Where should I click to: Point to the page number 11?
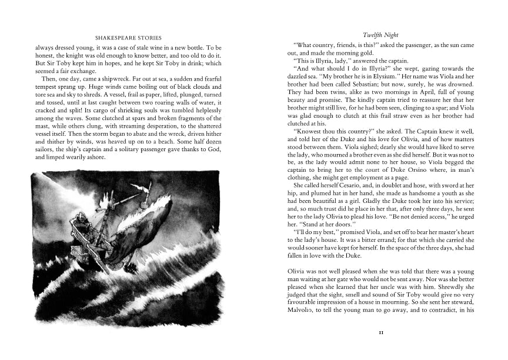[x=381, y=332]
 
